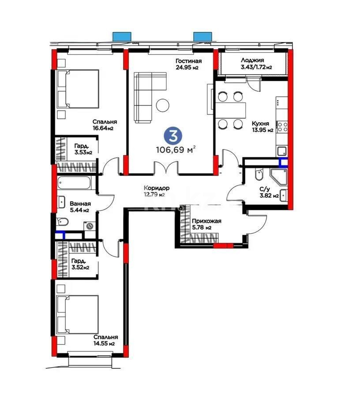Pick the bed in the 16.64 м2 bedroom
[x=78, y=89]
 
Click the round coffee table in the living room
[x=163, y=105]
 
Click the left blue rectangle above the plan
[x=122, y=36]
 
